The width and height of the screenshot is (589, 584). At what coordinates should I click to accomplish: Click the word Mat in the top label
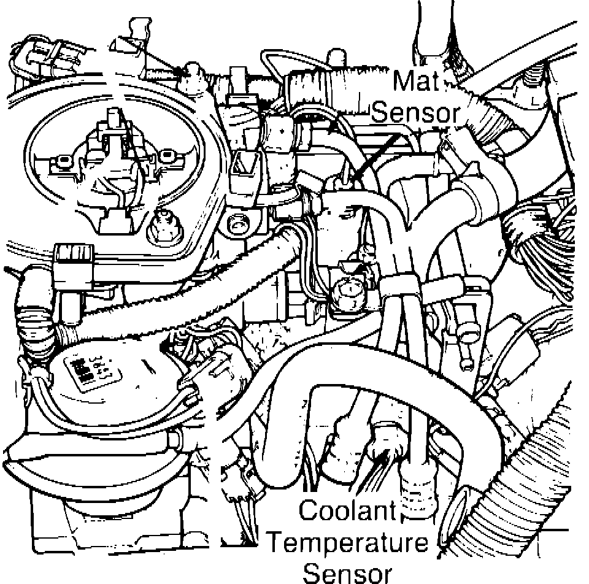[x=415, y=81]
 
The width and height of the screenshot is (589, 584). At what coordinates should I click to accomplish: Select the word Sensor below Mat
[x=416, y=112]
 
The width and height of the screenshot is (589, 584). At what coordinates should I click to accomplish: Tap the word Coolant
[x=348, y=511]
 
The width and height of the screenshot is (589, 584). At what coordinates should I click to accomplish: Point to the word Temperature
[x=348, y=543]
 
